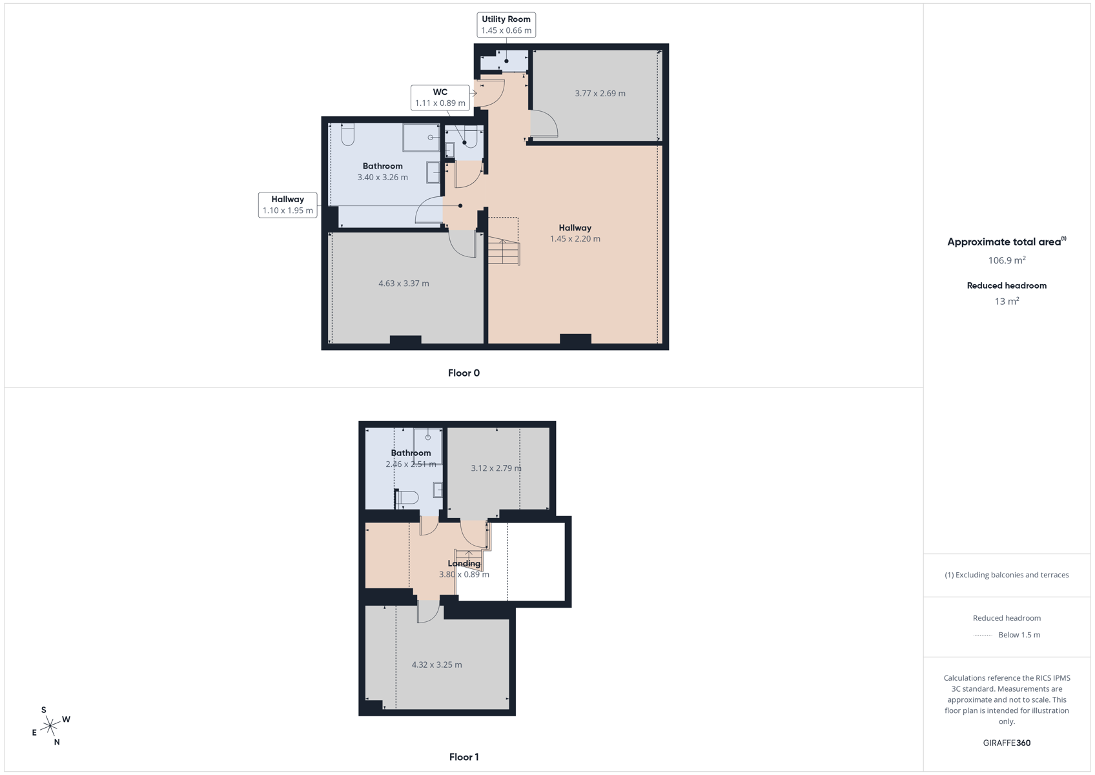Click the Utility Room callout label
pos(506,25)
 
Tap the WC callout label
pos(440,98)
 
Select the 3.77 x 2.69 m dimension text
pos(600,94)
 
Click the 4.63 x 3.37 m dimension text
pos(404,284)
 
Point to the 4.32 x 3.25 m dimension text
pos(436,665)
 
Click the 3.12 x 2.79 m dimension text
pos(496,468)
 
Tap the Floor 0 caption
pos(464,373)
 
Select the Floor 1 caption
pos(464,758)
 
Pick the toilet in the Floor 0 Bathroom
pos(347,134)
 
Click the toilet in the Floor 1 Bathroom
pos(406,498)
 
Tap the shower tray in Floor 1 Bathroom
pos(427,446)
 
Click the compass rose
pos(50,726)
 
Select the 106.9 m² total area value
pos(1007,260)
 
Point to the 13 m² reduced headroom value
pos(1007,301)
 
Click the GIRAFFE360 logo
pos(1007,743)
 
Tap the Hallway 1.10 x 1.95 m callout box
pos(287,205)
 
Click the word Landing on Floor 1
pos(464,563)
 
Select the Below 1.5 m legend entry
pos(1019,635)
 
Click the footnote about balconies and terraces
pos(1007,575)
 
